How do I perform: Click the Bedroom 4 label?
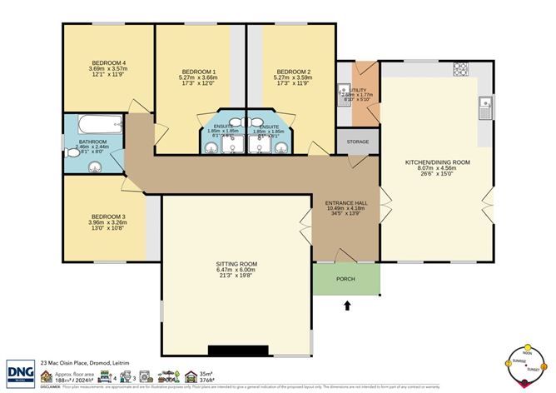108,63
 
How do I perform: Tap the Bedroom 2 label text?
292,72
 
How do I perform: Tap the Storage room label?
358,142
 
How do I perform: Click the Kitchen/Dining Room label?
437,162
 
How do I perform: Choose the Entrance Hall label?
345,202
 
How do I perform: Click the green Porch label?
345,279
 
